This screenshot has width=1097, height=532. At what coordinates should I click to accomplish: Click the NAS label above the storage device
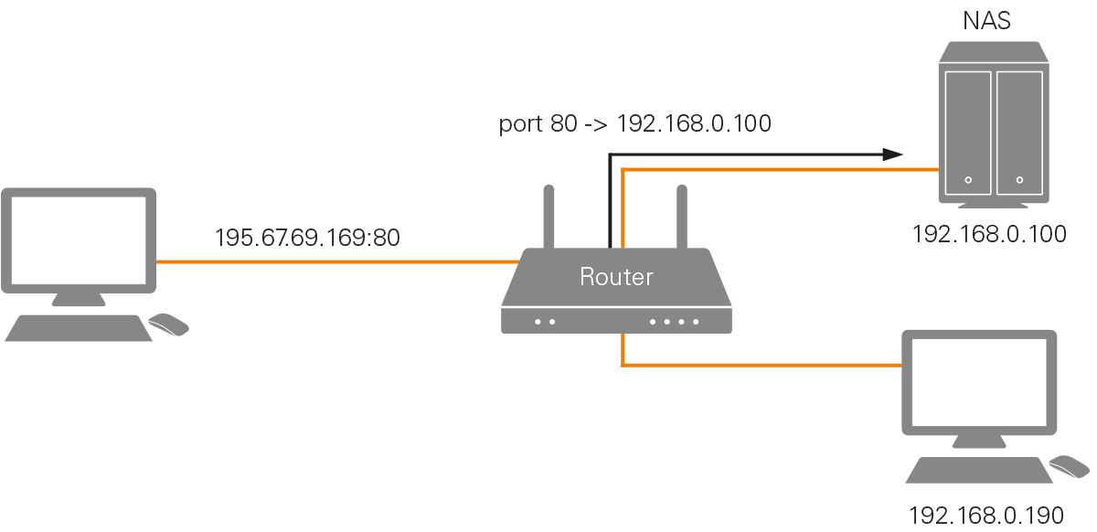(x=987, y=21)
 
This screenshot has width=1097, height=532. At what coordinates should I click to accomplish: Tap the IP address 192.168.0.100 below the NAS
(x=989, y=234)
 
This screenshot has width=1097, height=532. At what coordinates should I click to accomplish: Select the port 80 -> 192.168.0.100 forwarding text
(x=634, y=123)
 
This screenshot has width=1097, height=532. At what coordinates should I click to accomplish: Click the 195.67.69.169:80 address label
(x=307, y=238)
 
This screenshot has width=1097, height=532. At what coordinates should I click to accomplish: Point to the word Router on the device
(x=616, y=276)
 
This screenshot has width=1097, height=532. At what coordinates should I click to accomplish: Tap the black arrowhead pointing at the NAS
(x=893, y=154)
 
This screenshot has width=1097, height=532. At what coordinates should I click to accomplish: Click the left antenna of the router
(x=549, y=217)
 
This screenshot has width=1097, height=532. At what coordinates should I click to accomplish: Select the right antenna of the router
(x=681, y=217)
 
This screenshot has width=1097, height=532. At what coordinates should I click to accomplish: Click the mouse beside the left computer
(x=169, y=324)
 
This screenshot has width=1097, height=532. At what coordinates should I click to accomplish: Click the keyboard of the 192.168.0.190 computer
(x=979, y=470)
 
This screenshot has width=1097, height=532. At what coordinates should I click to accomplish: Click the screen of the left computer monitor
(x=78, y=238)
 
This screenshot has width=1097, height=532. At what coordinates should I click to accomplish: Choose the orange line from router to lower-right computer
(x=759, y=366)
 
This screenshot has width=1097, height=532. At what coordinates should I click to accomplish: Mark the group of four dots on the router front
(x=674, y=322)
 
